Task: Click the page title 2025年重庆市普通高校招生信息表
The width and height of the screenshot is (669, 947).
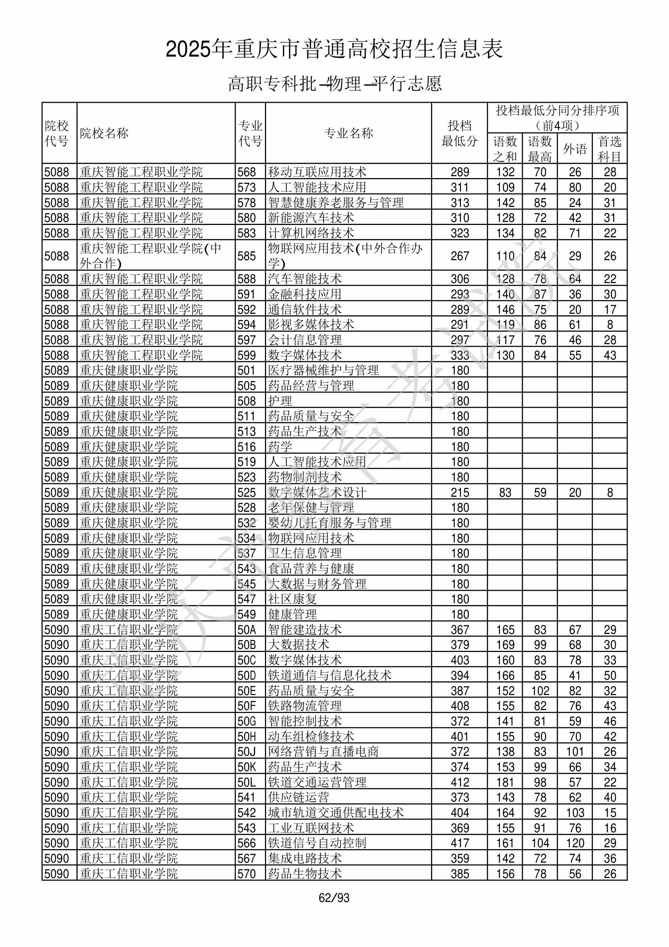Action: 334,49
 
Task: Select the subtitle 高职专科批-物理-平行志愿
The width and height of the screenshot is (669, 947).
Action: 334,84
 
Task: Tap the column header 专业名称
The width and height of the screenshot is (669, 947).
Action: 349,133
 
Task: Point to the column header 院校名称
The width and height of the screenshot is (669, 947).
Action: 104,133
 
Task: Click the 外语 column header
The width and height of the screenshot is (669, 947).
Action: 575,149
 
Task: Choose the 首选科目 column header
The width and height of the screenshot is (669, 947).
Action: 610,149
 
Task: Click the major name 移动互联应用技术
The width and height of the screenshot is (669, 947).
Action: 317,172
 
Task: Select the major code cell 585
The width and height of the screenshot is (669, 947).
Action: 247,256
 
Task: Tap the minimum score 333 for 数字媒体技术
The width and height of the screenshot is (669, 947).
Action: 459,355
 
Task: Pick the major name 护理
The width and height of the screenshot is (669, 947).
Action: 280,401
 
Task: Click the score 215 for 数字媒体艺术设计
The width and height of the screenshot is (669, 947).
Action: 459,493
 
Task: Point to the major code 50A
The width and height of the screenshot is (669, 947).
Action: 247,630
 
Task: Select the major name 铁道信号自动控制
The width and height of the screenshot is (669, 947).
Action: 317,844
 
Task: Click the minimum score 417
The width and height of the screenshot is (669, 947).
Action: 459,844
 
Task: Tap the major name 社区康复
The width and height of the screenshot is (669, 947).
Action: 292,599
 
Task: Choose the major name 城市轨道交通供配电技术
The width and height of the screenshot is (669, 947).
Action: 335,813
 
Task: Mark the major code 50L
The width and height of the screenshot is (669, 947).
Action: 247,782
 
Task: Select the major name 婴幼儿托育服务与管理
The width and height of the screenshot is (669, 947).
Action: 329,523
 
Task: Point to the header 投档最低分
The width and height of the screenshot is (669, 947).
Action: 459,133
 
